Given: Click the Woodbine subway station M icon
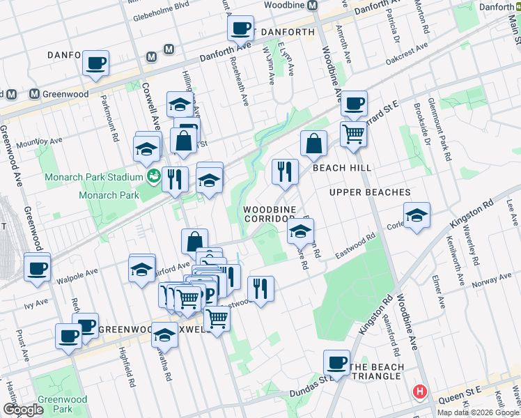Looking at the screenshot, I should [x=313, y=5].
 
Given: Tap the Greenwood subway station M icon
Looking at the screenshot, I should [x=33, y=94].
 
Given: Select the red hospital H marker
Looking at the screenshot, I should [x=419, y=392].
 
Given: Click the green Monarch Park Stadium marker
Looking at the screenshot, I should [x=153, y=177].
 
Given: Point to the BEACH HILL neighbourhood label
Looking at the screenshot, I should [x=341, y=168].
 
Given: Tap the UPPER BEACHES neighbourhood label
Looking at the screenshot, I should [x=369, y=192].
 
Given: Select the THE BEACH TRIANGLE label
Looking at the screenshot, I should [x=376, y=371].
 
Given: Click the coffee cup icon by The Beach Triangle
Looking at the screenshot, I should [x=337, y=363].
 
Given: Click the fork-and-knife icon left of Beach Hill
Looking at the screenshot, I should [x=285, y=171].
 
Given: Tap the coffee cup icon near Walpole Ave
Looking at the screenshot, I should [x=37, y=268].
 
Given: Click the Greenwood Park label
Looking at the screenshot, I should [x=63, y=404].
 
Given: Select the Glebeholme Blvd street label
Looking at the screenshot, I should [x=161, y=5].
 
